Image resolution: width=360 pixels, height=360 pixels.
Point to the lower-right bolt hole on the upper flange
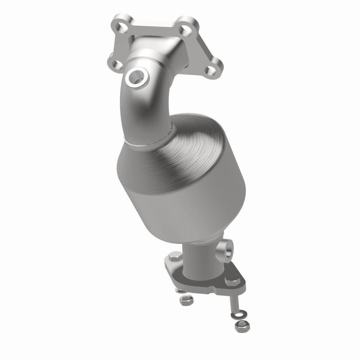pos(210,69)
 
